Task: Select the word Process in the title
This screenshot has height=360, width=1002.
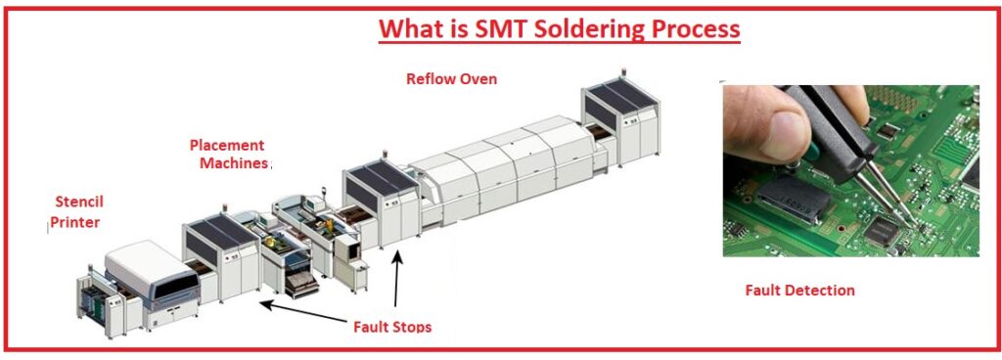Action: pyautogui.click(x=694, y=28)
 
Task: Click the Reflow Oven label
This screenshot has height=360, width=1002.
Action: pyautogui.click(x=451, y=78)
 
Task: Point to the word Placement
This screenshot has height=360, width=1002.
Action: pyautogui.click(x=227, y=145)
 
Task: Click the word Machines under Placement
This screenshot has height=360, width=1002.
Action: pyautogui.click(x=233, y=163)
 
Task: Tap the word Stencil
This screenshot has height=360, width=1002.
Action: pyautogui.click(x=78, y=202)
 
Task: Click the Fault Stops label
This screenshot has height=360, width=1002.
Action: pyautogui.click(x=392, y=326)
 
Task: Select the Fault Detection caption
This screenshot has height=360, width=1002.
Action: pyautogui.click(x=799, y=290)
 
